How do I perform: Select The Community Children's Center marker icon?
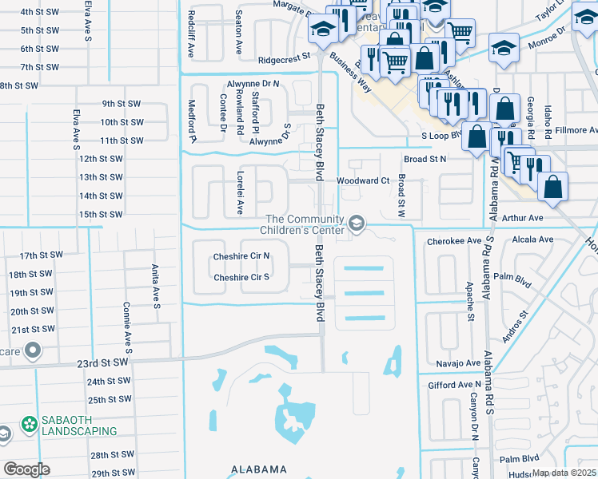[357, 225]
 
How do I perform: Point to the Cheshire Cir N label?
[241, 257]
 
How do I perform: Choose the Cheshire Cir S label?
[241, 278]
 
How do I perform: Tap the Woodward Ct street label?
[362, 181]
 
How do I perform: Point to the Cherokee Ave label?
[453, 240]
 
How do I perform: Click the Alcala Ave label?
[534, 239]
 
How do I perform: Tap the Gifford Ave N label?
[454, 385]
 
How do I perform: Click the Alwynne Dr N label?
[253, 83]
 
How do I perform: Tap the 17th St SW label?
[41, 255]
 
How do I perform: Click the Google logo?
[27, 469]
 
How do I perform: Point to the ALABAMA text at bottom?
[259, 469]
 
